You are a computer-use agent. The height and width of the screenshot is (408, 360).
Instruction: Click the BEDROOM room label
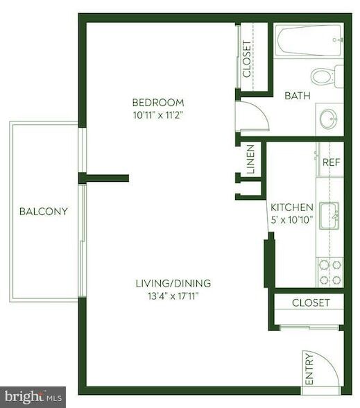[159, 102]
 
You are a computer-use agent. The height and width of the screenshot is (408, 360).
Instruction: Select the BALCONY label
[43, 212]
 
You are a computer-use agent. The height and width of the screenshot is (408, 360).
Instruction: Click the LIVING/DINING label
[173, 283]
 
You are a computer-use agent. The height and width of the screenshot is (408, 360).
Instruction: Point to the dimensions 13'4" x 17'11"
[173, 296]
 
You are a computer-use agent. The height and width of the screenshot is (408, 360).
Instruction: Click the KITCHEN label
[291, 207]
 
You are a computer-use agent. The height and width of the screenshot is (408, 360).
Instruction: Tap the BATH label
[297, 96]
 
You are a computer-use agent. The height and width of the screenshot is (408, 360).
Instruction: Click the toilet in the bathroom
[326, 75]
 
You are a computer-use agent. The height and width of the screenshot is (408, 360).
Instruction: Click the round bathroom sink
[329, 119]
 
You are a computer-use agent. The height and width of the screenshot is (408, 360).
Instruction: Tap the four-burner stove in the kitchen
[329, 271]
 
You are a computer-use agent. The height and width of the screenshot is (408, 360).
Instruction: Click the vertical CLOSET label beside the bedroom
[248, 59]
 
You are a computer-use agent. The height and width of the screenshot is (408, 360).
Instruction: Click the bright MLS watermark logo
[33, 397]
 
